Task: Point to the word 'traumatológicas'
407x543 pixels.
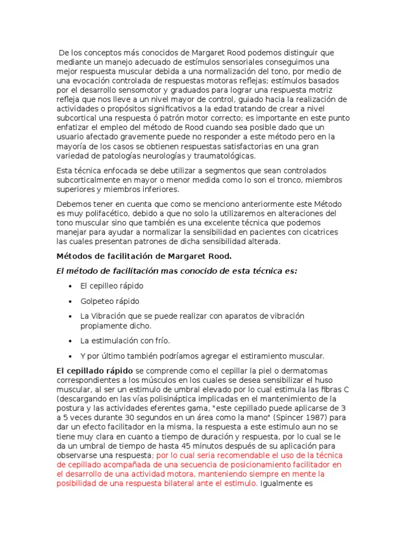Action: pyautogui.click(x=224, y=156)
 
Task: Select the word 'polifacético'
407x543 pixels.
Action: pyautogui.click(x=99, y=213)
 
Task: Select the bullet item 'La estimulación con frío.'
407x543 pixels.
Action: pyautogui.click(x=125, y=340)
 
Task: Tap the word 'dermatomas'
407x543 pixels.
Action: pyautogui.click(x=289, y=370)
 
